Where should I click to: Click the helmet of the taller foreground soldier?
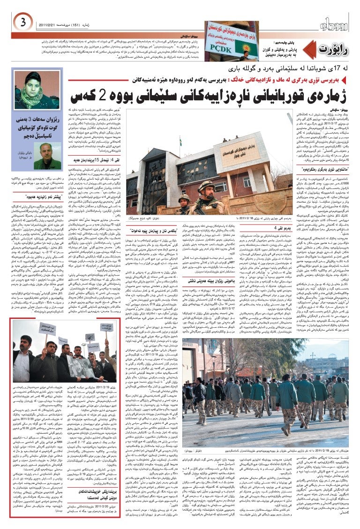[206, 186]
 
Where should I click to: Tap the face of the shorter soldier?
[184, 200]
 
